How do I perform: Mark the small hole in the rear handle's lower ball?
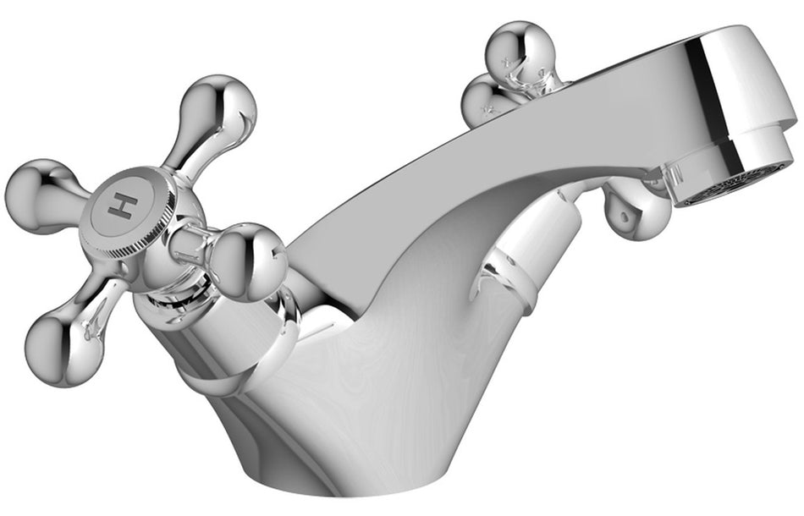pos(625,217)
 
